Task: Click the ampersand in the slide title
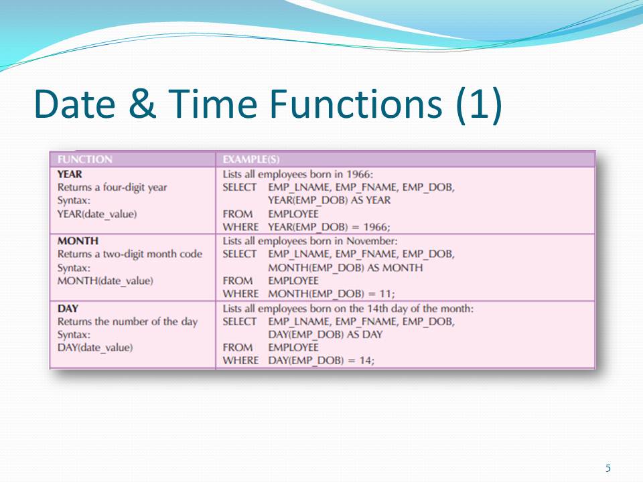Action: pos(142,103)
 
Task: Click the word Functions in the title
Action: pos(356,103)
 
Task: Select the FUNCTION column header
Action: pos(84,159)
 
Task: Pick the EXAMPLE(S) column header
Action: pos(251,159)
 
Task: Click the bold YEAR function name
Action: pos(70,174)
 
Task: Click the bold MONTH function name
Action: pos(78,241)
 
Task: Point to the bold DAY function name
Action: pos(68,308)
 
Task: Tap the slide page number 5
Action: pos(608,468)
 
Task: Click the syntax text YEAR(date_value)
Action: pos(97,214)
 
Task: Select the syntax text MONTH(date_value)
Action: pos(105,281)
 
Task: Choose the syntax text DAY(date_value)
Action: pos(95,347)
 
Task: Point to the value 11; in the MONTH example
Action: pos(388,294)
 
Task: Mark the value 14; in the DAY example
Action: pos(366,361)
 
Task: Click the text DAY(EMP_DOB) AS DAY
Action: pos(326,335)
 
